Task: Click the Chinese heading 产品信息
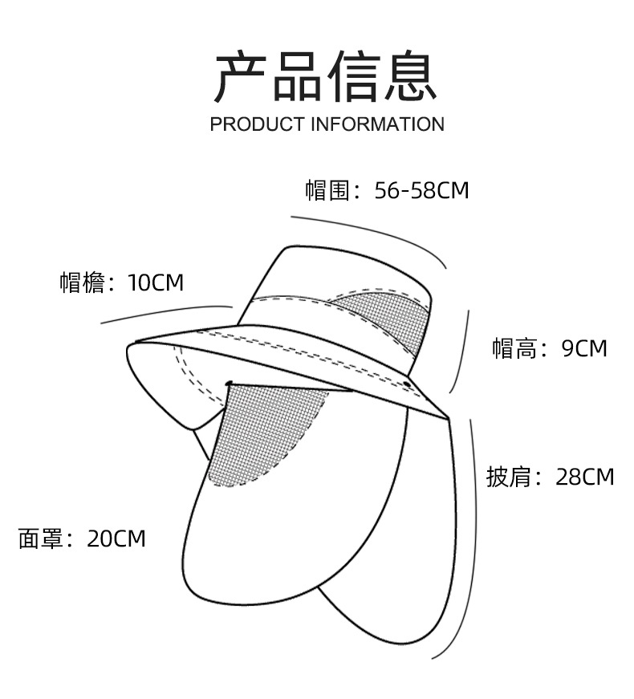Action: point(325,77)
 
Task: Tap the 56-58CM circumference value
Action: point(421,191)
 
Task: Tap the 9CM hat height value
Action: point(584,348)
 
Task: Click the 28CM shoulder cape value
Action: point(584,477)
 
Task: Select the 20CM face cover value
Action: point(116,538)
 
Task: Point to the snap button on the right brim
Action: point(407,386)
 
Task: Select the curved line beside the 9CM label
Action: point(464,353)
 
